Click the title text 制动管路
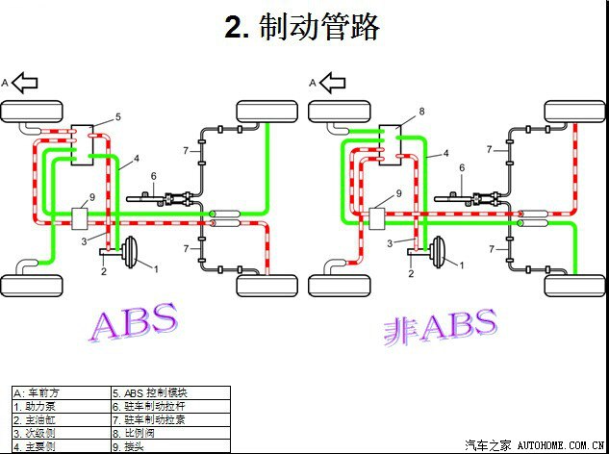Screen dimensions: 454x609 [302, 27]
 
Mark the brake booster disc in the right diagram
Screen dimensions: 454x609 [436, 252]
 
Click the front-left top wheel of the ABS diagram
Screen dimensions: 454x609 [32, 112]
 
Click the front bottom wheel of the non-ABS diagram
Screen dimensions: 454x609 [339, 286]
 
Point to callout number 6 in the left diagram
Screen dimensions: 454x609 [153, 175]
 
